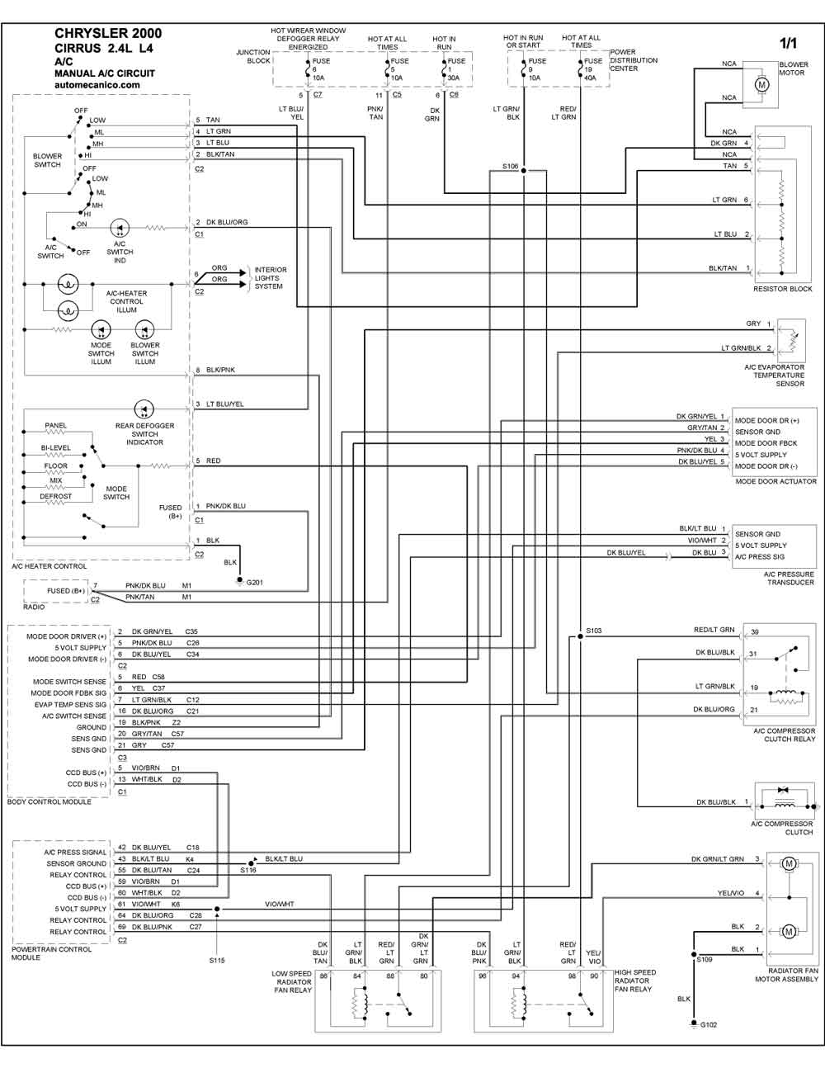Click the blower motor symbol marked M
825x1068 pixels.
click(x=761, y=84)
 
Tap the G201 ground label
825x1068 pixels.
click(x=254, y=583)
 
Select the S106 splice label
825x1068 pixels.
click(x=510, y=166)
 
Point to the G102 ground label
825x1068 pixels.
click(x=709, y=1025)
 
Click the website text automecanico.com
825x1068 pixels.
click(x=97, y=84)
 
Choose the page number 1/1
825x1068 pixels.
click(x=788, y=43)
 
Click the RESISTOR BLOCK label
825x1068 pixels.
click(x=783, y=289)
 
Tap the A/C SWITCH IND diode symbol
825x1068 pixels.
click(x=120, y=228)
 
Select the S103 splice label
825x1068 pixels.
click(x=594, y=631)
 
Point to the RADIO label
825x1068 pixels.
click(x=34, y=607)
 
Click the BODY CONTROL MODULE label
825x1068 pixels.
click(x=49, y=801)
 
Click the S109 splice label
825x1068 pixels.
click(x=705, y=959)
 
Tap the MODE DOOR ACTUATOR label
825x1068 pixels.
click(x=775, y=482)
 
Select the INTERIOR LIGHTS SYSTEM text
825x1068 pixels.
click(x=270, y=278)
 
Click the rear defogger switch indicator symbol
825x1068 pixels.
click(x=144, y=409)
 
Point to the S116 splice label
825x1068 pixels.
click(x=248, y=870)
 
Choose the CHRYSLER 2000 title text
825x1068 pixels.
click(x=108, y=33)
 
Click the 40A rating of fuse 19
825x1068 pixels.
click(x=590, y=78)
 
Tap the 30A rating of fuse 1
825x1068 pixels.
click(x=453, y=78)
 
